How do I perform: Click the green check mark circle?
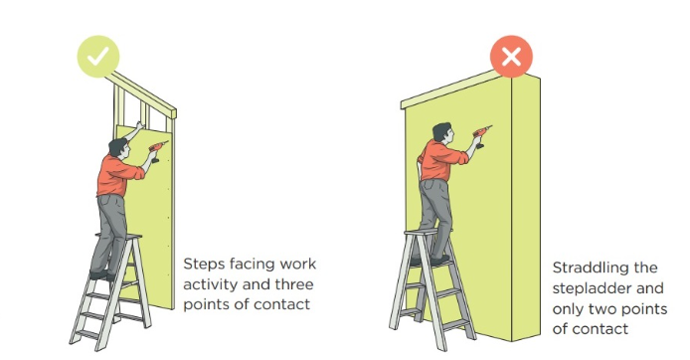click(98, 57)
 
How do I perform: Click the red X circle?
click(511, 57)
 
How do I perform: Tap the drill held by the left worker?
click(157, 150)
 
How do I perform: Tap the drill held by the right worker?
click(481, 135)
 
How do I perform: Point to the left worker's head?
click(119, 148)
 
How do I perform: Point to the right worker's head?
click(442, 133)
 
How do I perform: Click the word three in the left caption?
click(294, 283)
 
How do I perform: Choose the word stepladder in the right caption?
click(592, 289)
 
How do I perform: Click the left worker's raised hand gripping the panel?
click(140, 125)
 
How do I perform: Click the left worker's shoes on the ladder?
click(102, 275)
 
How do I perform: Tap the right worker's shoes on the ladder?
click(430, 261)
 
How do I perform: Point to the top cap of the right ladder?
click(422, 232)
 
